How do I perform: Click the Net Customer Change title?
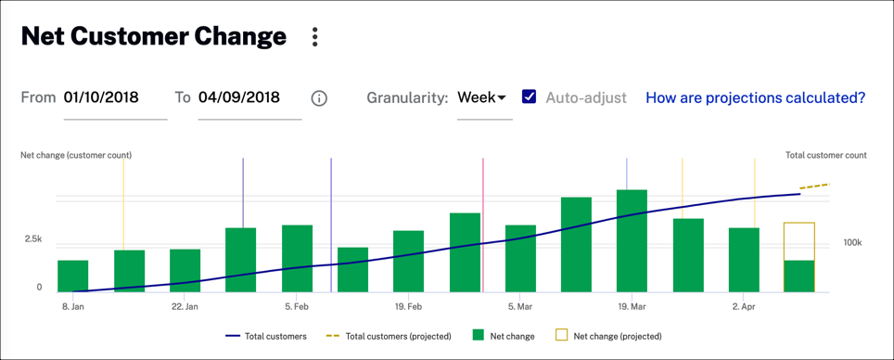click(x=153, y=37)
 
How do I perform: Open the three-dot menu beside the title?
click(x=315, y=37)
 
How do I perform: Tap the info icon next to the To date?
click(x=319, y=98)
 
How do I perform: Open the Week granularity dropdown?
click(x=482, y=97)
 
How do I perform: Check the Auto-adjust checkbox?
click(x=529, y=96)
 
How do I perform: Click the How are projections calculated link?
click(x=755, y=97)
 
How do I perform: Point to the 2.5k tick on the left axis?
click(x=32, y=239)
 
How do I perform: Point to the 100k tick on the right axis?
click(x=853, y=243)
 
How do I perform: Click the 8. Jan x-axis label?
click(x=73, y=306)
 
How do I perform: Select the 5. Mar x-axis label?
click(x=519, y=306)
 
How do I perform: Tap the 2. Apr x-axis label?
click(x=744, y=306)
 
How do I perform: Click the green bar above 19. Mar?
click(x=632, y=241)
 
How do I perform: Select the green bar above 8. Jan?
click(x=73, y=276)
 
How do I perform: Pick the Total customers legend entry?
click(x=266, y=336)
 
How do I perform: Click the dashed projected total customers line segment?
click(x=815, y=186)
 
